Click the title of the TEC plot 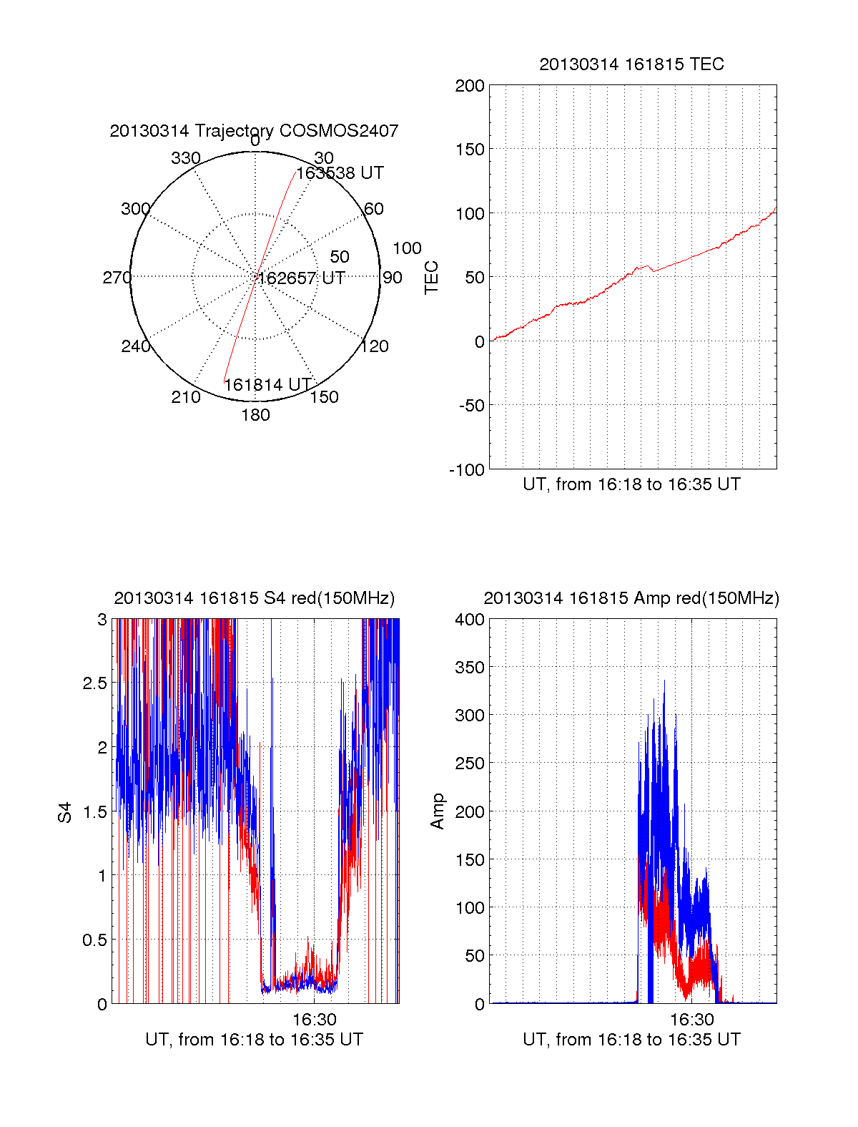pos(631,64)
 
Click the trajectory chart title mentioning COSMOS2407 pos(254,131)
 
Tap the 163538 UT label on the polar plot pos(340,173)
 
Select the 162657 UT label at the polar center pos(301,278)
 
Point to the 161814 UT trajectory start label pos(268,385)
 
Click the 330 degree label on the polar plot pos(185,158)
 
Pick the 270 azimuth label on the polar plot pos(117,278)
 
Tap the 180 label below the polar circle pos(255,415)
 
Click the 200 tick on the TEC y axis pos(470,87)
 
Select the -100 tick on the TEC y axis pos(467,470)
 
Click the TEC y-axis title pos(432,278)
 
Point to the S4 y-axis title pos(65,812)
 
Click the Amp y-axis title pos(438,811)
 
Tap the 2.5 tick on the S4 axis pos(95,683)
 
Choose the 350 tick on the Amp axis pos(470,668)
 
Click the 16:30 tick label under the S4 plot pos(314,1019)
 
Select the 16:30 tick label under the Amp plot pos(691,1019)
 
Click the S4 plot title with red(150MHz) pos(254,598)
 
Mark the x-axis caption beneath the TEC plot pos(631,484)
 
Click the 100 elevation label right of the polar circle pos(407,248)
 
